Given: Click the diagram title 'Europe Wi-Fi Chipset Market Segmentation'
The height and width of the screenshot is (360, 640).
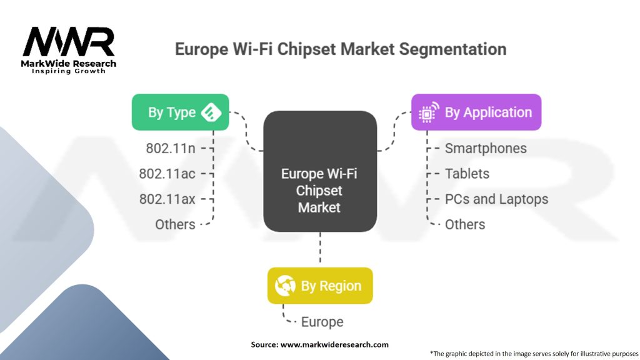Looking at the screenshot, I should (x=340, y=49).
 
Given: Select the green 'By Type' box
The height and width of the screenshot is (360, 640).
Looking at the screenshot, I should (x=180, y=112).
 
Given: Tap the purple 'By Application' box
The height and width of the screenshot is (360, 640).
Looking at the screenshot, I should (x=476, y=112).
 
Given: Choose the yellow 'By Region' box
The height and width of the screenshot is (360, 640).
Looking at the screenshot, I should (x=319, y=286).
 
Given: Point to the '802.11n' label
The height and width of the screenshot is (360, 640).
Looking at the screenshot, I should (x=170, y=149).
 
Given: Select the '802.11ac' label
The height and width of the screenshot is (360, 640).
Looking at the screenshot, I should (x=167, y=174).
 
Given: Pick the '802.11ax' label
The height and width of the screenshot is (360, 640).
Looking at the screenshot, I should (x=167, y=199).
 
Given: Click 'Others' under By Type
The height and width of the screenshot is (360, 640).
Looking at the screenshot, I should (x=175, y=224).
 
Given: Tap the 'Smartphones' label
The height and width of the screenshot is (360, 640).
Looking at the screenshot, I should (x=486, y=149).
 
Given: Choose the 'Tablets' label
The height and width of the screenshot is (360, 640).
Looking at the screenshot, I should (x=467, y=174).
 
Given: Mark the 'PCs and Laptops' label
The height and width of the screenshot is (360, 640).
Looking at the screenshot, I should (x=496, y=199).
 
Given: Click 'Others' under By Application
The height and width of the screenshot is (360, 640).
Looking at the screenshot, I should (x=465, y=224).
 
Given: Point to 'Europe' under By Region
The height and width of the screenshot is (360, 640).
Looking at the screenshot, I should (x=322, y=322).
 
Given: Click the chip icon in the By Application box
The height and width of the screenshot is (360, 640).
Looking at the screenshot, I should (x=428, y=113).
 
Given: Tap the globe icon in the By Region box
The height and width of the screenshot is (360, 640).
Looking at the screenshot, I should (x=285, y=286).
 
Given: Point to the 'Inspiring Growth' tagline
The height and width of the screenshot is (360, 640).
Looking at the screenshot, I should (x=69, y=71).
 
